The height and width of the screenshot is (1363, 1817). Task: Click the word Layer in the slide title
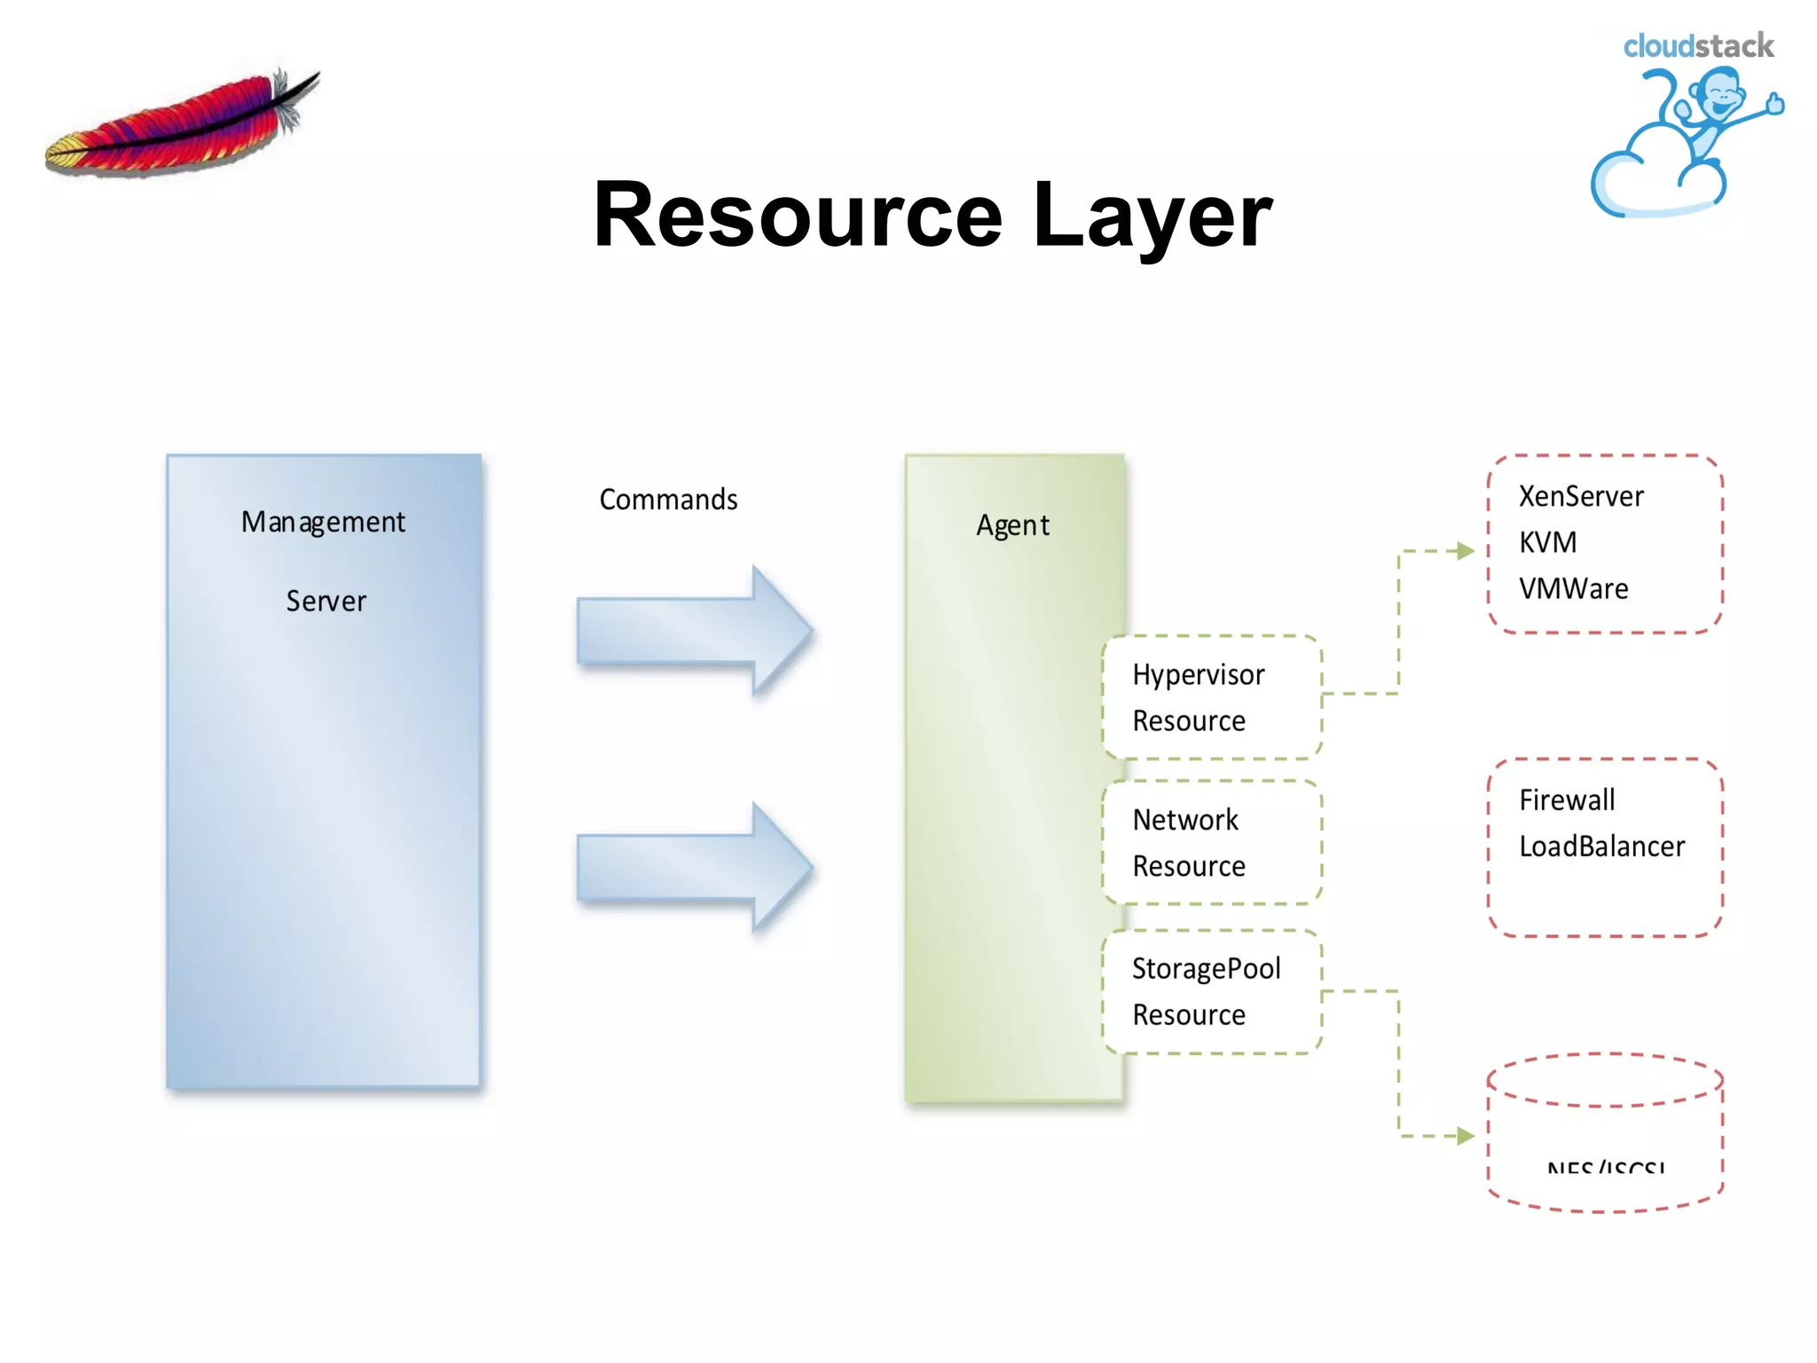click(x=1152, y=216)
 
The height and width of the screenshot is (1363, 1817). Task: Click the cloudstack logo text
click(x=1697, y=46)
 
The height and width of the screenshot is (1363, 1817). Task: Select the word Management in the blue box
click(x=323, y=522)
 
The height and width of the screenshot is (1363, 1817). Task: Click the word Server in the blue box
click(x=326, y=601)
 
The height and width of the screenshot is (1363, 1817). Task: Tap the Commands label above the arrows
click(x=668, y=500)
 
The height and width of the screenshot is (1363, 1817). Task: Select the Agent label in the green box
click(x=1012, y=525)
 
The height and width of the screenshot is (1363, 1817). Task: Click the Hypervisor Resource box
click(x=1211, y=697)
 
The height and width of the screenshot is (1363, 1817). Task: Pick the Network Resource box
click(x=1211, y=842)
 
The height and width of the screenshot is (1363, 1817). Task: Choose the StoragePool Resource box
click(x=1211, y=991)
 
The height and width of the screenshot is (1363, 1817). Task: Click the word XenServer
click(x=1581, y=496)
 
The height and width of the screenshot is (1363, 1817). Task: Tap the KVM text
click(x=1547, y=542)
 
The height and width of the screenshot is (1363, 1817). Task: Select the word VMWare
click(x=1573, y=588)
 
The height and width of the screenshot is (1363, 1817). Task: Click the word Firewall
click(x=1567, y=800)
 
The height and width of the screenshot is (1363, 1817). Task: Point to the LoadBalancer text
click(x=1601, y=846)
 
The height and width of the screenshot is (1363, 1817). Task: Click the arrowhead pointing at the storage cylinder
click(x=1465, y=1136)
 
